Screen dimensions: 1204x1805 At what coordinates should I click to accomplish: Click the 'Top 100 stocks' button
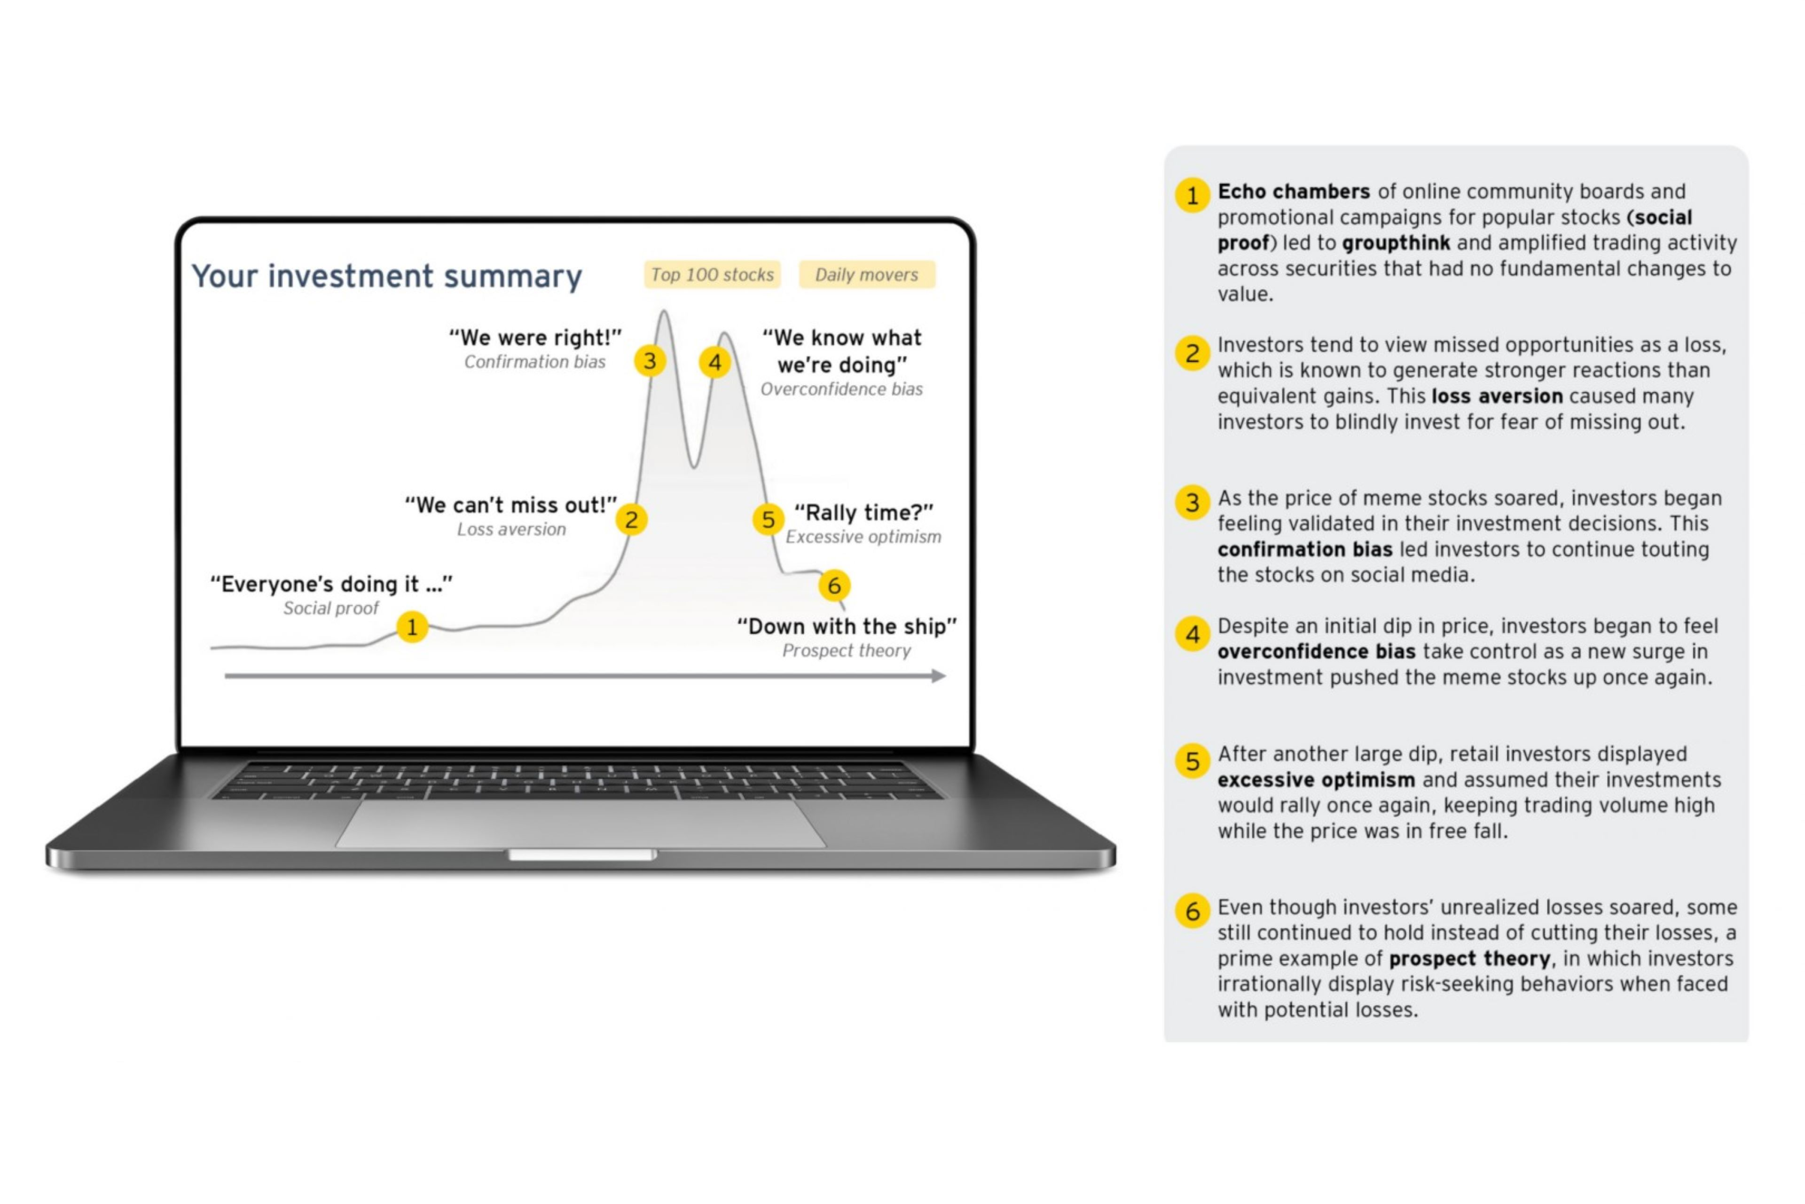coord(712,275)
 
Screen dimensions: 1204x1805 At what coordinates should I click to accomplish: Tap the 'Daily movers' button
coord(866,275)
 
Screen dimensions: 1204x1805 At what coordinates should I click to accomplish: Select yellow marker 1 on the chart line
coord(412,627)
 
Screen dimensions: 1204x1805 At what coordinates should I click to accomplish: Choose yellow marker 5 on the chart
coord(768,520)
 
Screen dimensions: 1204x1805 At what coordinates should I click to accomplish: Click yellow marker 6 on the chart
coord(834,586)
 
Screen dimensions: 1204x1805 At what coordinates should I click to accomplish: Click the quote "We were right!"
coord(535,338)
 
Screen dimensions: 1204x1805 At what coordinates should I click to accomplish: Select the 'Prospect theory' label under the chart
coord(847,651)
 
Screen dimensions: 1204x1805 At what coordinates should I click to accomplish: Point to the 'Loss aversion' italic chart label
coord(511,530)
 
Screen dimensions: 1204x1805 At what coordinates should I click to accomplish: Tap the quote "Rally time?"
coord(863,513)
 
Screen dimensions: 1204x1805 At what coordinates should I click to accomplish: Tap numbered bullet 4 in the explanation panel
coord(1193,634)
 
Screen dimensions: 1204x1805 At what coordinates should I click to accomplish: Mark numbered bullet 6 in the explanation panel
coord(1193,911)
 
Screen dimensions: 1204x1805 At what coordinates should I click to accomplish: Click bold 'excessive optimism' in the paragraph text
coord(1315,780)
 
